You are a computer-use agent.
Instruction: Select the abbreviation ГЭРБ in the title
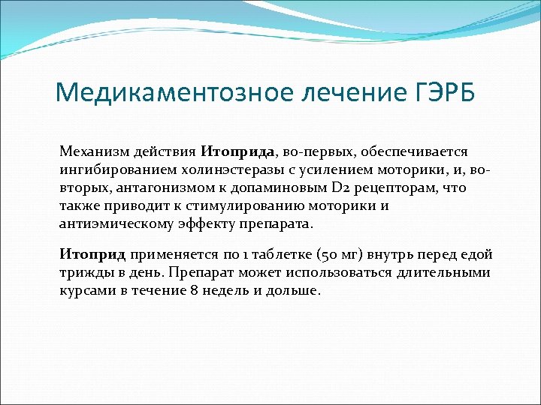tap(435, 94)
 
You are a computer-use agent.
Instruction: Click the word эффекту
tap(203, 223)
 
